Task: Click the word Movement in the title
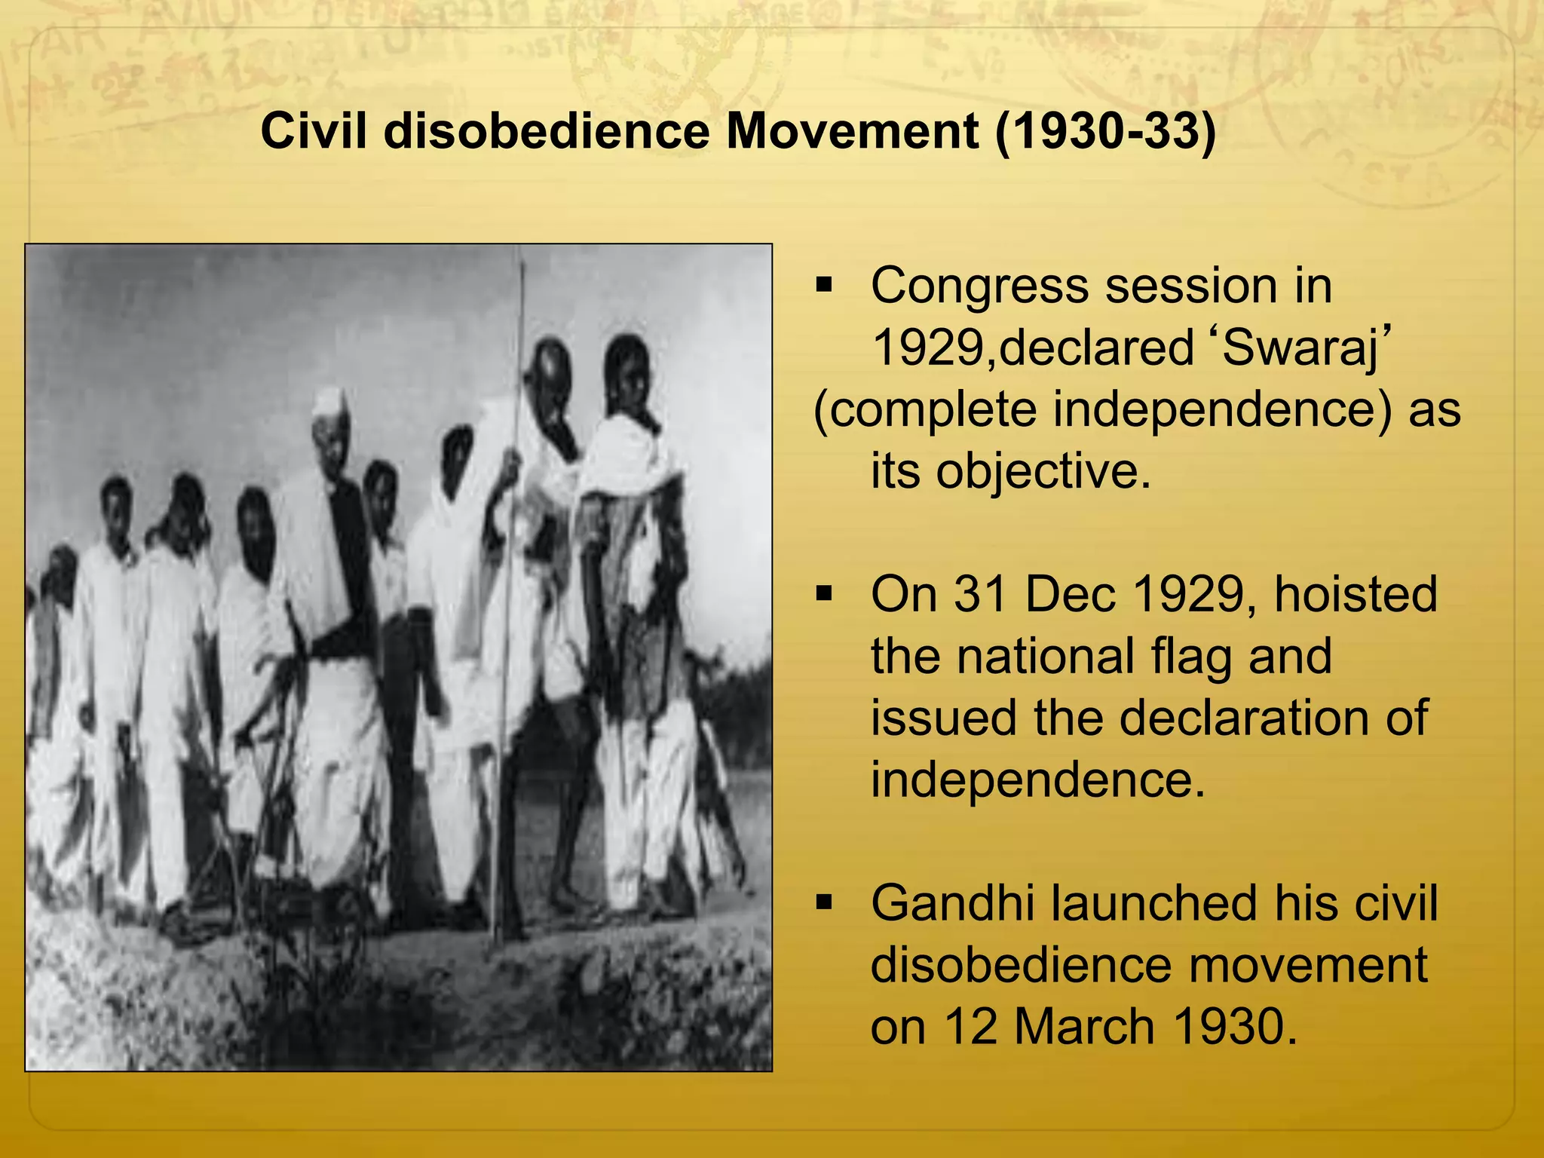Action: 852,131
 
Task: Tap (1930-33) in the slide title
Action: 1105,131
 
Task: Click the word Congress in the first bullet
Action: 981,288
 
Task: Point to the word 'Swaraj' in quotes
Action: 1304,348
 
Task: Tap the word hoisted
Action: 1355,594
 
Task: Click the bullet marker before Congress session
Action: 823,286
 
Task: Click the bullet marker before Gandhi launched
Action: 823,902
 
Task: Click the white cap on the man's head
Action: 329,397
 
